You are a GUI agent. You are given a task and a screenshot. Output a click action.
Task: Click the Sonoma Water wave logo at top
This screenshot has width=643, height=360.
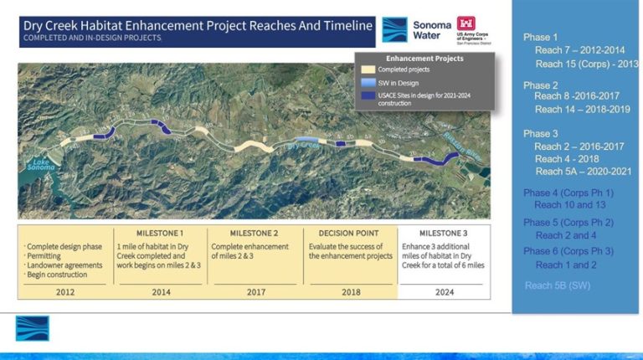394,30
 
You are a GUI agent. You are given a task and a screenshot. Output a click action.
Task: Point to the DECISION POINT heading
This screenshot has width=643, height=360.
351,232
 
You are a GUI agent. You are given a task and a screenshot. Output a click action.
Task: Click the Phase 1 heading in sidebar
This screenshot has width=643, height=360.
541,38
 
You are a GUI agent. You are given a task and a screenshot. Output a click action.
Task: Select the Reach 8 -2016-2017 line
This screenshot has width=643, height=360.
579,96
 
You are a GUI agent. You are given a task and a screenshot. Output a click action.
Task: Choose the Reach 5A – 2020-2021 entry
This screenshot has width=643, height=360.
580,171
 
